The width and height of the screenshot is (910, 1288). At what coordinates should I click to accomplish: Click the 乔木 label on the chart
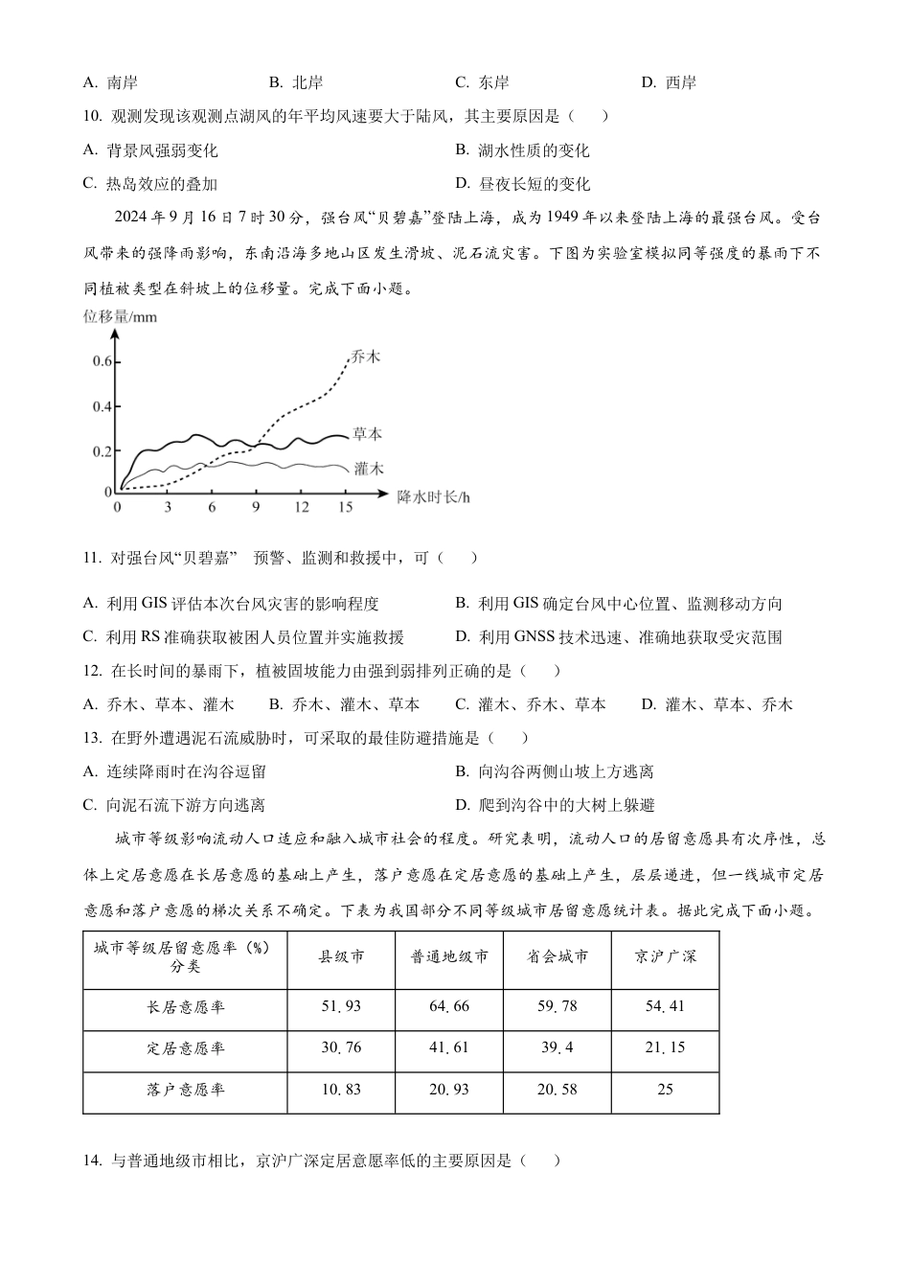point(366,356)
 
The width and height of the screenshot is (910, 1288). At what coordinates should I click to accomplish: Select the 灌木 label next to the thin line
point(368,469)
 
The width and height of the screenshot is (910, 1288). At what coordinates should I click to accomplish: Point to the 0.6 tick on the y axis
point(102,361)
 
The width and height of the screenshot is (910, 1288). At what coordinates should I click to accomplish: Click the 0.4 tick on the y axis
point(102,406)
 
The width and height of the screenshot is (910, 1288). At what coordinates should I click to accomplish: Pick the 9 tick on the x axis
point(256,507)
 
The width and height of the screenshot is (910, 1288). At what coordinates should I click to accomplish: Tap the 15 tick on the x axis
point(345,507)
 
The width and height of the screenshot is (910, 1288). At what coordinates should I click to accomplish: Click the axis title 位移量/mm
point(120,316)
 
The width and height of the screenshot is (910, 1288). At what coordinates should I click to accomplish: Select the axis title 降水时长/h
point(434,497)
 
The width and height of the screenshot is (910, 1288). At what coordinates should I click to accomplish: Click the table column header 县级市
point(341,956)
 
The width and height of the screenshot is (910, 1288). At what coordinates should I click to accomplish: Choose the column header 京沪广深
point(665,956)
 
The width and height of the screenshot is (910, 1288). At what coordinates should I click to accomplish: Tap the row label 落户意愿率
point(185,1090)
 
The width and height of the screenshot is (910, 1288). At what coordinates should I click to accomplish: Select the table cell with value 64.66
point(449,1006)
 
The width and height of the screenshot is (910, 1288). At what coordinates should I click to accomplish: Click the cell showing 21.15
point(665,1047)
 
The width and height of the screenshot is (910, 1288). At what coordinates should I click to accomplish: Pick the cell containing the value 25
point(665,1090)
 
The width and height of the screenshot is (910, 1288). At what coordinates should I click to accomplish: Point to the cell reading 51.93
point(341,1006)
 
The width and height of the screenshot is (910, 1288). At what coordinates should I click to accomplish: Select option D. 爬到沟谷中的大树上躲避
point(555,805)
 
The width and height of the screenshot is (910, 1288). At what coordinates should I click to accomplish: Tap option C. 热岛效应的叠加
point(150,184)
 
